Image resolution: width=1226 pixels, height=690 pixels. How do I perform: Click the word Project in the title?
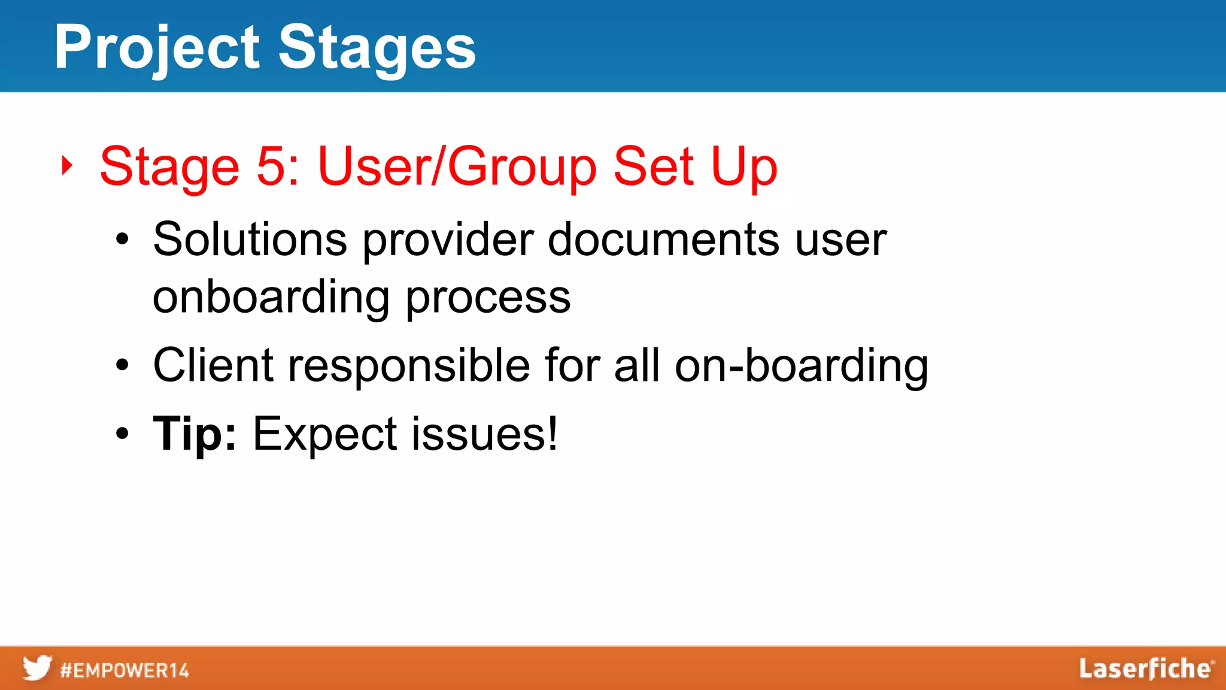tap(157, 48)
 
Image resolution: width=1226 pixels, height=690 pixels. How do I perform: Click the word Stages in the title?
tap(377, 48)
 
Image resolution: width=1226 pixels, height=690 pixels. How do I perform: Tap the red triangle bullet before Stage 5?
tap(67, 165)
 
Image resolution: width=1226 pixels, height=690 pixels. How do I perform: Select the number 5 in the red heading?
tap(271, 167)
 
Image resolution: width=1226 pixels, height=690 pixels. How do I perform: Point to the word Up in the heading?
tap(744, 167)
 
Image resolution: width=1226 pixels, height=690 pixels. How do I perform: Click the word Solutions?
tap(250, 240)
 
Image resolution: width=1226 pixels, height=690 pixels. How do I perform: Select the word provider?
tap(448, 240)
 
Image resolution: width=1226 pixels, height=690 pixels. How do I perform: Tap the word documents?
tap(664, 240)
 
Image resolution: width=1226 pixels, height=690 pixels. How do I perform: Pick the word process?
tap(488, 298)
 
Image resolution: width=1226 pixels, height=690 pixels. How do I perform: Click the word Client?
tap(214, 365)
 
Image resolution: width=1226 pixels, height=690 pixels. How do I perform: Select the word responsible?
tap(409, 365)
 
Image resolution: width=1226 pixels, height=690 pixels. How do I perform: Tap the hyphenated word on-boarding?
tap(802, 365)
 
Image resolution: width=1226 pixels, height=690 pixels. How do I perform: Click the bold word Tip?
tap(195, 434)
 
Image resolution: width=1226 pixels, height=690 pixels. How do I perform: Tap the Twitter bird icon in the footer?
tap(37, 668)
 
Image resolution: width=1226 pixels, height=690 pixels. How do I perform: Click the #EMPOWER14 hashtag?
tap(125, 670)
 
